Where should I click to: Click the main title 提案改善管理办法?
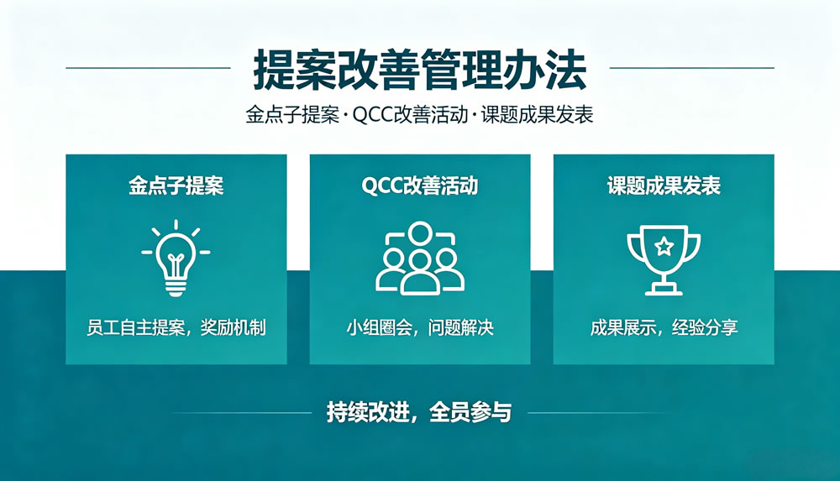[420, 70]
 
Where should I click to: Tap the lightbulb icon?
[176, 258]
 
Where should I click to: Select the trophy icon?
[664, 259]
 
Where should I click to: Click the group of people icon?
[420, 259]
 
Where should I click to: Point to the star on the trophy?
[664, 247]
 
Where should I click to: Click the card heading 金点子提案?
[176, 186]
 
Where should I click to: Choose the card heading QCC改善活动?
[420, 186]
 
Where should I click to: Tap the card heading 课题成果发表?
[664, 186]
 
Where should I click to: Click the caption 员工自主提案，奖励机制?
[176, 327]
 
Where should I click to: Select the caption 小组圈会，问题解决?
[420, 327]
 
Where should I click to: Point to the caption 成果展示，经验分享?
[664, 327]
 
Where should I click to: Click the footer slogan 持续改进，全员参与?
[419, 412]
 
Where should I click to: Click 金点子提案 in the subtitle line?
[292, 115]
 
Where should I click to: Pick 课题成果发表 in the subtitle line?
[538, 115]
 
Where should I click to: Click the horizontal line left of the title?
[149, 68]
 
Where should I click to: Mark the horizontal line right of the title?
[692, 68]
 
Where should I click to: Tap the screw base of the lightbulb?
[176, 286]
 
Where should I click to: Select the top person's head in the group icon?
[420, 233]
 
